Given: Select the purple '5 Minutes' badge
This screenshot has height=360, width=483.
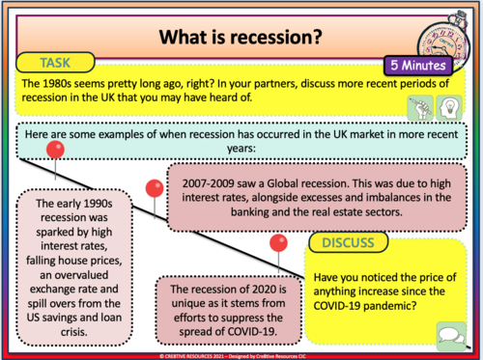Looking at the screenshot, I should click(x=418, y=66).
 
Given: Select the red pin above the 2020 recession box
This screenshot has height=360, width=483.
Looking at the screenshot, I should click(x=279, y=241).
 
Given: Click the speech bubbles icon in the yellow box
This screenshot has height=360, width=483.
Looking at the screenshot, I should click(x=448, y=332).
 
